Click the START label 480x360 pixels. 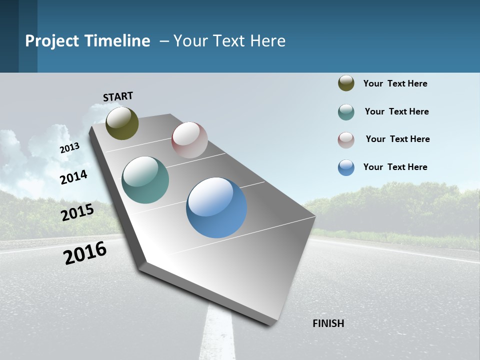pyautogui.click(x=118, y=96)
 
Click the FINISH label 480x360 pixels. pyautogui.click(x=328, y=323)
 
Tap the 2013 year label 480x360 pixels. pyautogui.click(x=69, y=148)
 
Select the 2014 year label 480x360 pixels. pyautogui.click(x=73, y=177)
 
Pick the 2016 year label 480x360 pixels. pyautogui.click(x=85, y=253)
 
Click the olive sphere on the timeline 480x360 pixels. pyautogui.click(x=122, y=123)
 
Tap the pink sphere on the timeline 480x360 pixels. pyautogui.click(x=189, y=140)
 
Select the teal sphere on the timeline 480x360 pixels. pyautogui.click(x=145, y=180)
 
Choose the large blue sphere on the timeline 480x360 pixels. pyautogui.click(x=216, y=207)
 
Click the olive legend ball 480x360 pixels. pyautogui.click(x=346, y=83)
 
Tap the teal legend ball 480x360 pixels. pyautogui.click(x=346, y=112)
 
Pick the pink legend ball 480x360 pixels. pyautogui.click(x=346, y=140)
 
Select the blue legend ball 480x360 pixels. pyautogui.click(x=346, y=167)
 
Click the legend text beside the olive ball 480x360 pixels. pyautogui.click(x=395, y=83)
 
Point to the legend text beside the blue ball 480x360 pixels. pyautogui.click(x=395, y=167)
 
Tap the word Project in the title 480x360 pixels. pyautogui.click(x=52, y=41)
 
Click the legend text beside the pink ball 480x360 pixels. pyautogui.click(x=397, y=139)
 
